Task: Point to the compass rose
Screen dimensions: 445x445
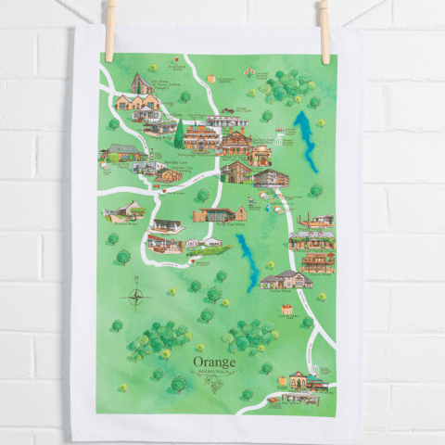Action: [136, 298]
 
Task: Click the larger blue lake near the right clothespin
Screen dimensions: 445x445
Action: [305, 140]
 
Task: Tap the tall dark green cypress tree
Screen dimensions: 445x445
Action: [179, 134]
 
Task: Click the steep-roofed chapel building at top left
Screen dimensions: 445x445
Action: [143, 85]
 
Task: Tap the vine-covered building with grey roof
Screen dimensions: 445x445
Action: [122, 151]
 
